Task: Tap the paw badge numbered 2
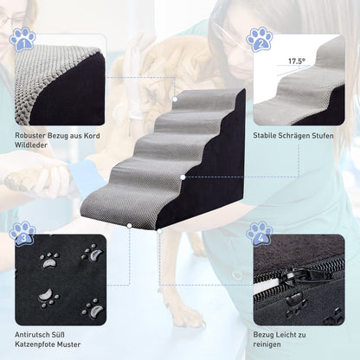pyautogui.click(x=259, y=39)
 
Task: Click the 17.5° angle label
pyautogui.click(x=297, y=62)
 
